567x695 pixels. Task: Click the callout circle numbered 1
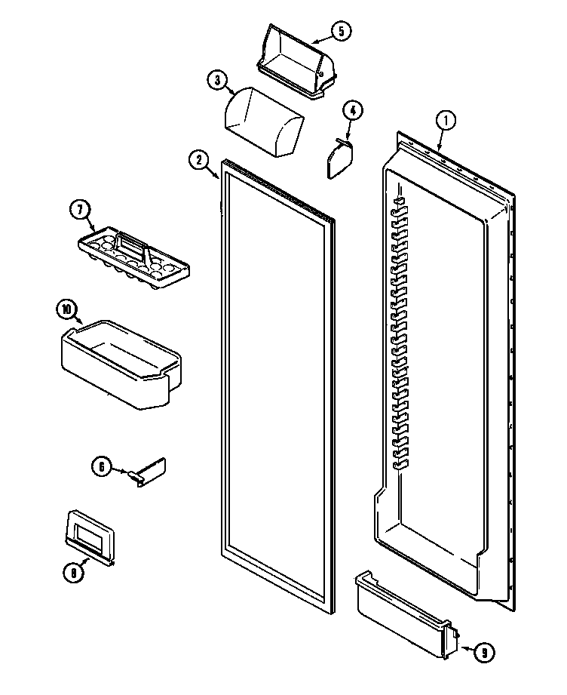coord(446,120)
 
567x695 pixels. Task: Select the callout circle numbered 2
coord(198,159)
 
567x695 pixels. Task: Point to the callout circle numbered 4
coord(352,109)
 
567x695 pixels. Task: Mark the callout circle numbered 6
coord(101,466)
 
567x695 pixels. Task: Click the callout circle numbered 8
coord(72,573)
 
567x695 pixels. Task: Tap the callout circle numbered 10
coord(67,308)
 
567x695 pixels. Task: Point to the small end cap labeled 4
coord(339,159)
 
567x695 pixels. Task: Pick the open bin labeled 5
coord(295,61)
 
